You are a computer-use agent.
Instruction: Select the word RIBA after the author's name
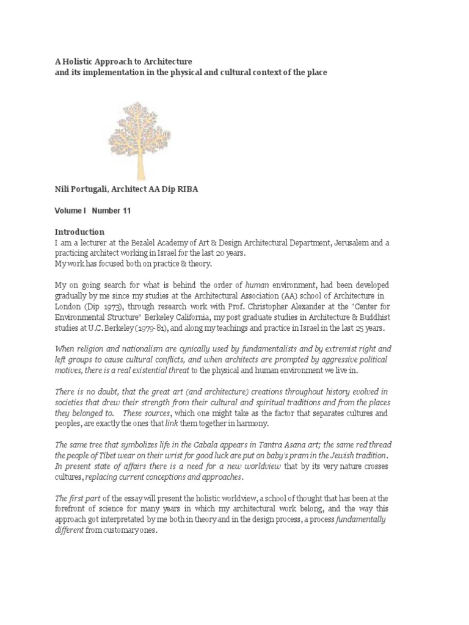tap(185, 189)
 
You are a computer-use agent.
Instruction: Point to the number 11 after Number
tap(125, 211)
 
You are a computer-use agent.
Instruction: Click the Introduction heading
tap(80, 232)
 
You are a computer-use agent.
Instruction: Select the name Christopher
tap(282, 307)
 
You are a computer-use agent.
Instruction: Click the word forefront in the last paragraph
tap(75, 508)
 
